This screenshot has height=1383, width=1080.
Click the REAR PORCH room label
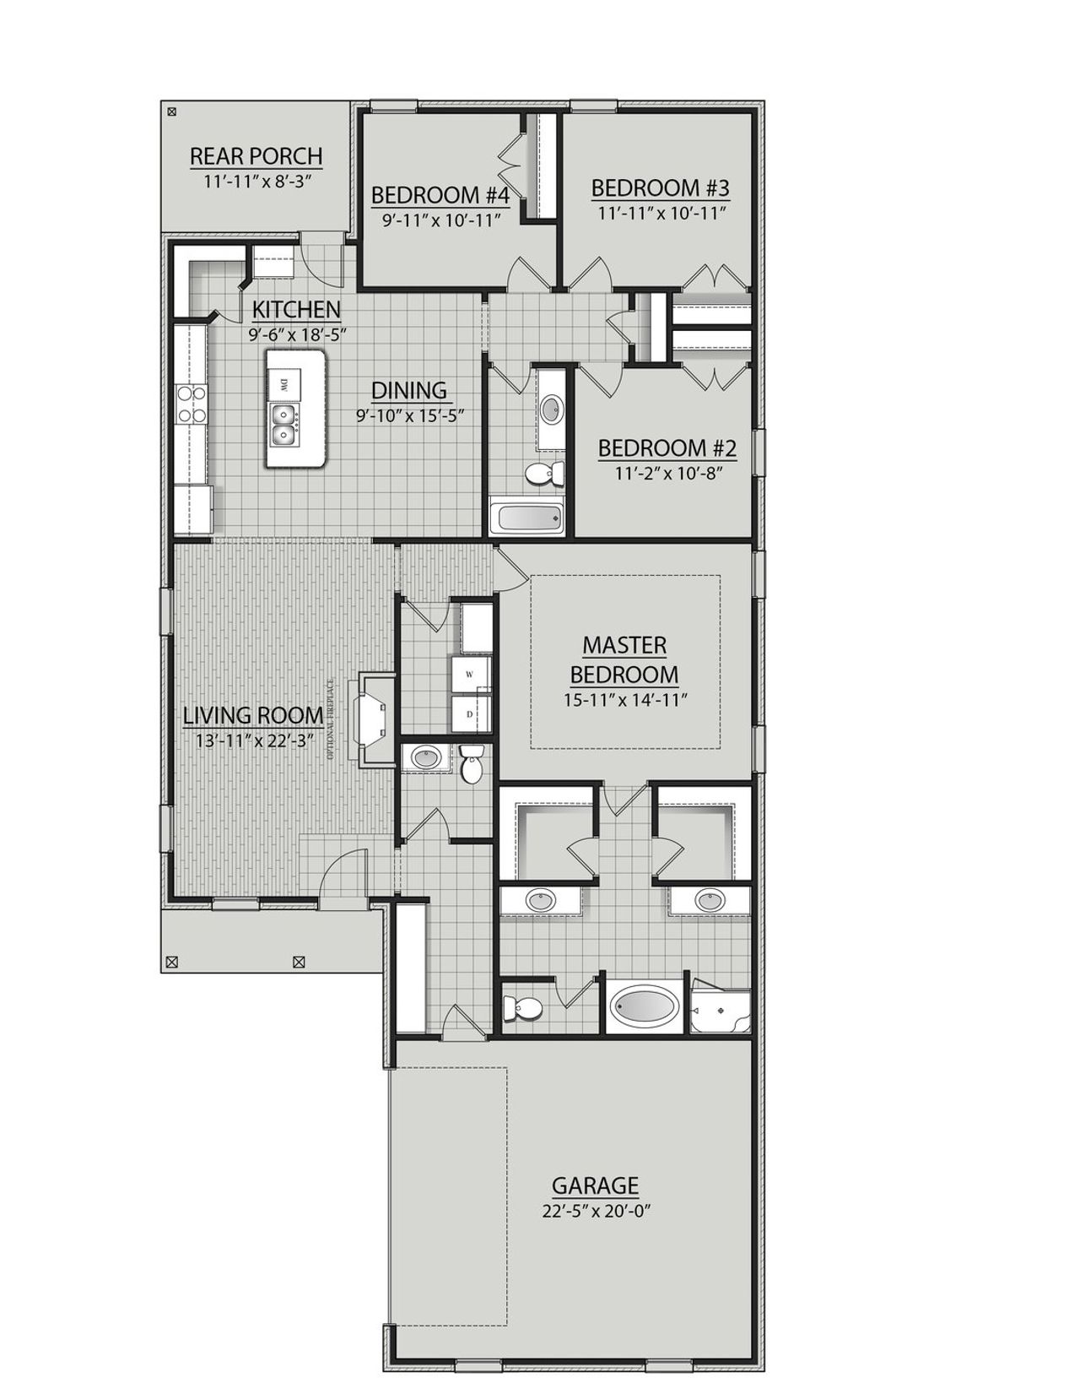click(x=256, y=156)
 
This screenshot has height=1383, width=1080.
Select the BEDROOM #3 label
click(x=660, y=187)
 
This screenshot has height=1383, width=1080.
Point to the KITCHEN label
click(x=296, y=310)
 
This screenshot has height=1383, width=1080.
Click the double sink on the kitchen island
click(x=283, y=425)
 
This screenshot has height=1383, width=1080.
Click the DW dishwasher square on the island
click(x=283, y=384)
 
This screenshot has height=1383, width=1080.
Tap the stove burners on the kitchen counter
click(x=192, y=404)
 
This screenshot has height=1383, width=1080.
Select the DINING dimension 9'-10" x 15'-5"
click(x=409, y=415)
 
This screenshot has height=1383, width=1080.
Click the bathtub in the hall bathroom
click(x=526, y=517)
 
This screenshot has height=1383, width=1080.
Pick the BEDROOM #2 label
click(x=667, y=447)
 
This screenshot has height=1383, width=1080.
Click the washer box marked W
click(x=469, y=675)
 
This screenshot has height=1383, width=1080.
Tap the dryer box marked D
click(x=469, y=714)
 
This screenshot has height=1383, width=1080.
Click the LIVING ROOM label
click(x=253, y=715)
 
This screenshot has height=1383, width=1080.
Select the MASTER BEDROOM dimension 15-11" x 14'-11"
click(x=625, y=700)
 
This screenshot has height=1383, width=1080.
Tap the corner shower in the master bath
click(x=720, y=1008)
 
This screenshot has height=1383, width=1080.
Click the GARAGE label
click(x=595, y=1185)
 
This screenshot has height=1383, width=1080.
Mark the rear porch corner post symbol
click(x=172, y=111)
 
